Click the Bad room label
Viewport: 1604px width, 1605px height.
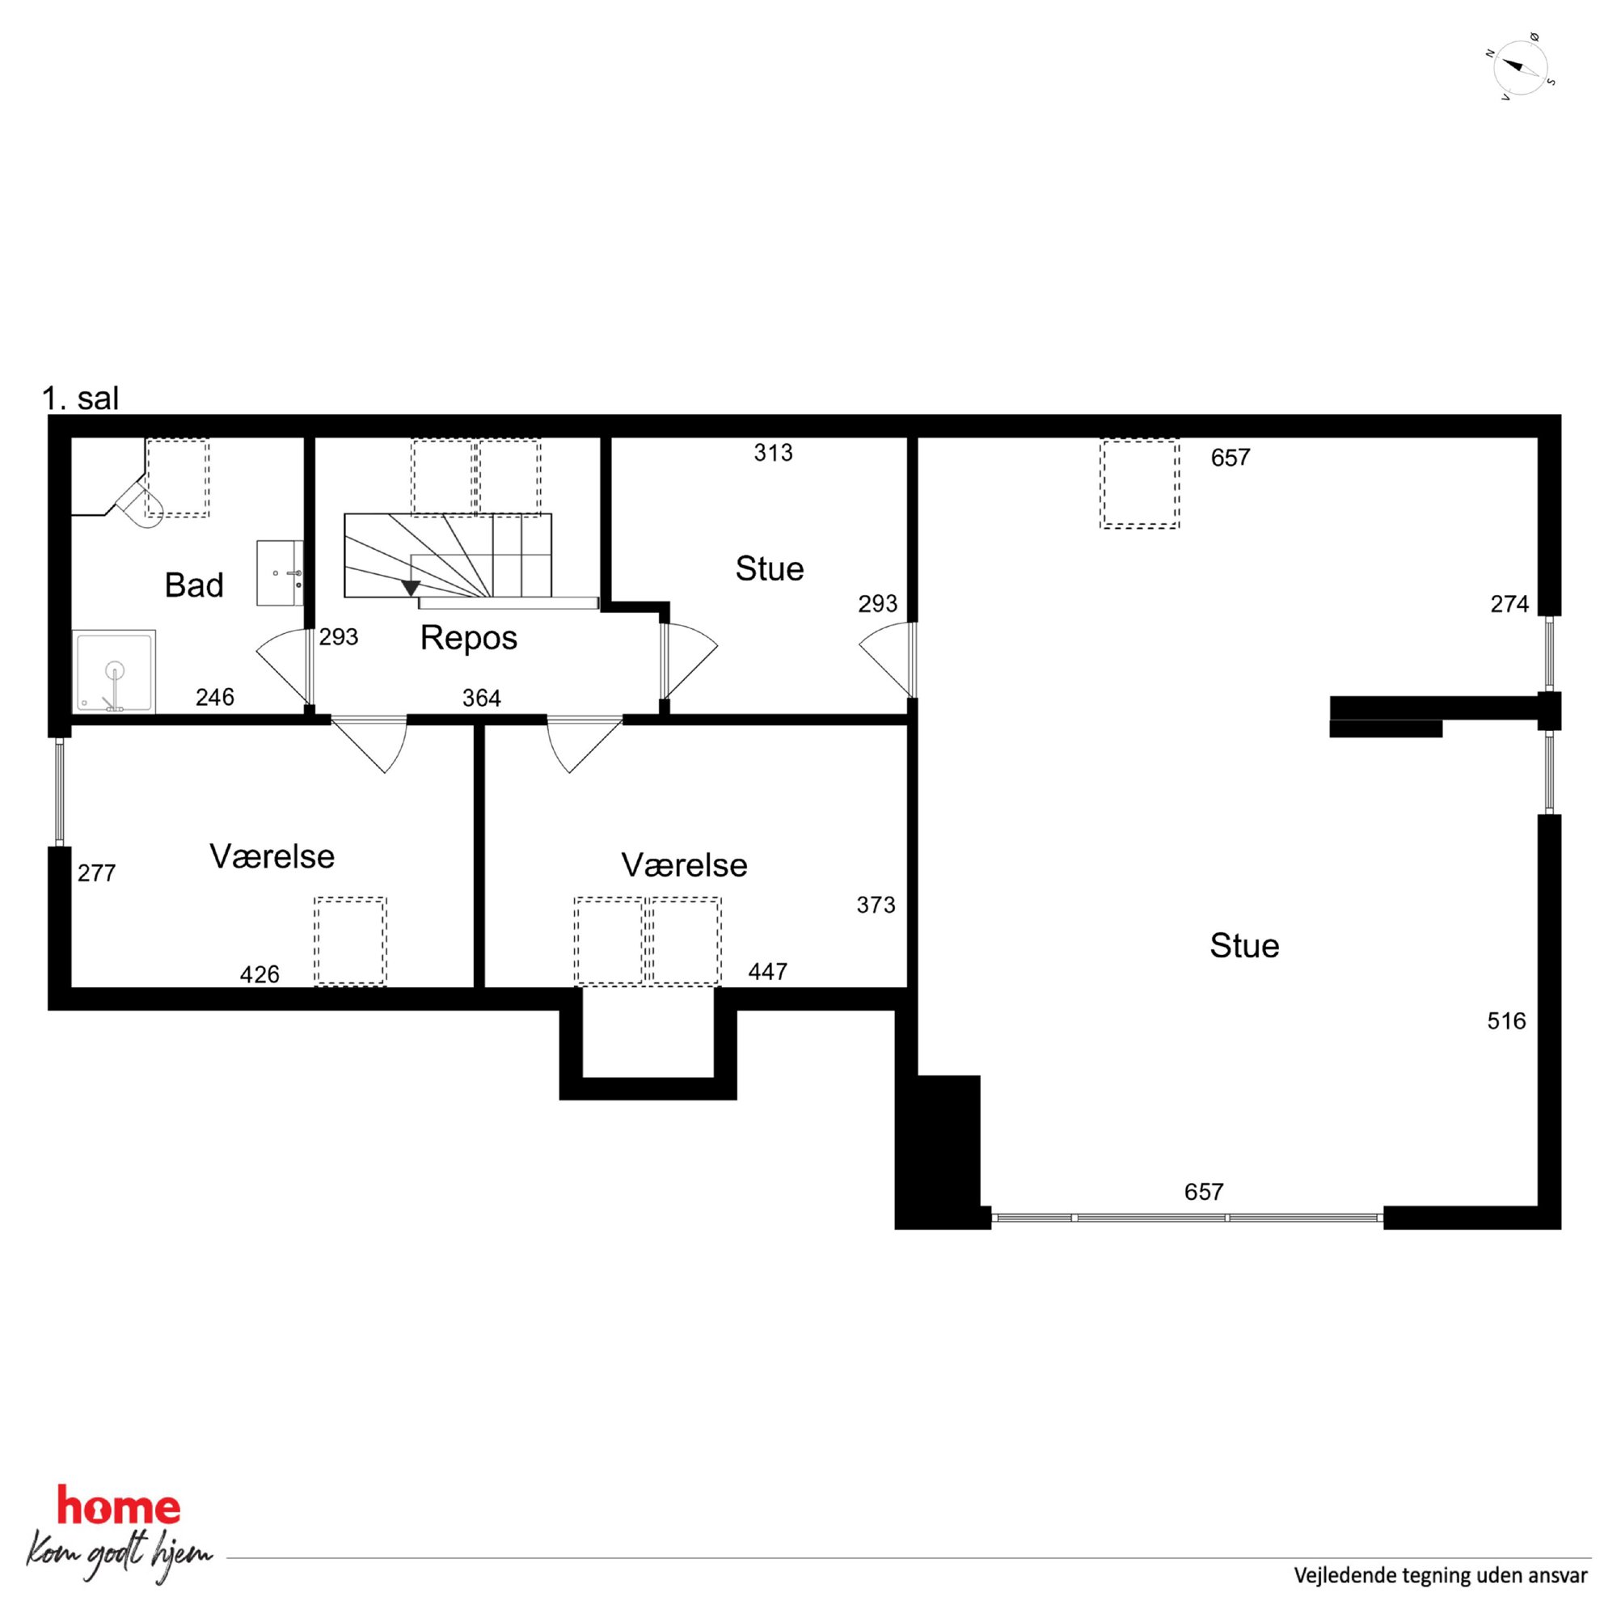193,585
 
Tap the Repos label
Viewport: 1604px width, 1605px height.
468,638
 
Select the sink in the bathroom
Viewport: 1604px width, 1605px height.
279,572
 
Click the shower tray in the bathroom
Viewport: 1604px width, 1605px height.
115,671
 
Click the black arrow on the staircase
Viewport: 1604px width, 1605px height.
411,588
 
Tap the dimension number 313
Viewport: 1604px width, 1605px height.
773,453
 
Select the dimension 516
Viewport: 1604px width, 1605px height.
1506,1021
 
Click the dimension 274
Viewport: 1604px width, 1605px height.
1509,604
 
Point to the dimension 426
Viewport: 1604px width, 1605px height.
260,974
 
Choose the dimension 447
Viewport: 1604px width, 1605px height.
767,972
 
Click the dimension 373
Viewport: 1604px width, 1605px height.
876,905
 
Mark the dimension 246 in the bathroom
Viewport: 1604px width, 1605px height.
214,697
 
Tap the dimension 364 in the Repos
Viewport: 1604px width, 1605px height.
481,698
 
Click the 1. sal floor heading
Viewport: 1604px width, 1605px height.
81,399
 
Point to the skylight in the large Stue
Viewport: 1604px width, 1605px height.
1140,484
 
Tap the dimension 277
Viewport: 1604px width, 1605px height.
96,873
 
